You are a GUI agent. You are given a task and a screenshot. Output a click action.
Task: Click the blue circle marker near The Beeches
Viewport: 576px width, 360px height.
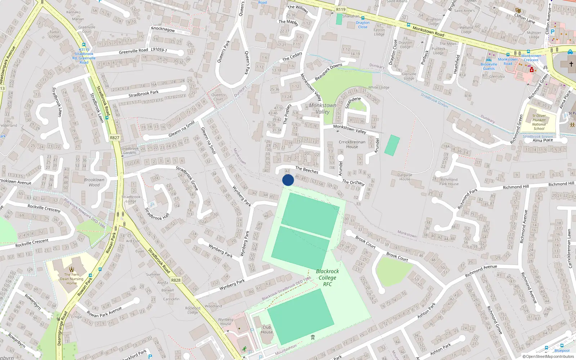288,180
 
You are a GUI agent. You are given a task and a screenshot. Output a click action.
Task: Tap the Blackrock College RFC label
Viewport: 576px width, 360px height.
327,278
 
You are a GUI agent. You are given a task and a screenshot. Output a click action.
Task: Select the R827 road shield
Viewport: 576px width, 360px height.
114,138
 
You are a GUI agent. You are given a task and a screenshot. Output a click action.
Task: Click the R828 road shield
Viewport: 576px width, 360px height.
176,280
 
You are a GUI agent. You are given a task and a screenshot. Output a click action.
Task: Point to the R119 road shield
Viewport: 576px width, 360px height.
341,9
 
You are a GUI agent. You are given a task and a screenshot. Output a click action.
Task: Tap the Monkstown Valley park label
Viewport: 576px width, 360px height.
323,108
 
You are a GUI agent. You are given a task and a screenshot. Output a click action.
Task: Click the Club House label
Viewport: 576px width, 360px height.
267,329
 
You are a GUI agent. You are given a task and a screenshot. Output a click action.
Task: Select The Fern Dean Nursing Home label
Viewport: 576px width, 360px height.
72,279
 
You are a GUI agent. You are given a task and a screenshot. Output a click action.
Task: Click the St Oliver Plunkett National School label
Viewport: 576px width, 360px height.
539,122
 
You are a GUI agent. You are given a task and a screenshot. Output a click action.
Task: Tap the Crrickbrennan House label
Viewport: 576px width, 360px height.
352,144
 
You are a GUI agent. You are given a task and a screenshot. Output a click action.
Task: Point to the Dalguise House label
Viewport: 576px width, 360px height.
405,177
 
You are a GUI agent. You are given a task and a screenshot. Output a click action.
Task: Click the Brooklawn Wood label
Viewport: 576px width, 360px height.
94,182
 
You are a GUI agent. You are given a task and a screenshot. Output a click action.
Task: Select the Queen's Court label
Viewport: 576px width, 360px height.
218,97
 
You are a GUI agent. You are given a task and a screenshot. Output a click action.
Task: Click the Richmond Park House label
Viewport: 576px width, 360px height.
449,181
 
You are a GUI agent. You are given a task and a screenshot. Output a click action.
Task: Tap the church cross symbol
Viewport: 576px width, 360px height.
571,64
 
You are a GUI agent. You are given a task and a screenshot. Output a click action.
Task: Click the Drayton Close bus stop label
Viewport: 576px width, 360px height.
363,25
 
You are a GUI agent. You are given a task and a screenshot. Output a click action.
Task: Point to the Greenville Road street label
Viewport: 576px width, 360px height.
133,51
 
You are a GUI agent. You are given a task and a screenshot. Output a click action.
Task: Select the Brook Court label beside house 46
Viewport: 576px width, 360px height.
397,257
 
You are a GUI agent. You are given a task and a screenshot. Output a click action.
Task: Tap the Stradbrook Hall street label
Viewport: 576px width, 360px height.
157,214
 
